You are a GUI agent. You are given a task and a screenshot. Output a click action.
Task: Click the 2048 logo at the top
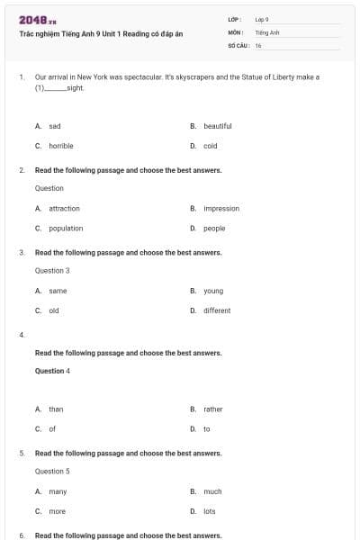pyautogui.click(x=38, y=19)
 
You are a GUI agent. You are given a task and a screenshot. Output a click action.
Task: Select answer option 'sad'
pyautogui.click(x=54, y=126)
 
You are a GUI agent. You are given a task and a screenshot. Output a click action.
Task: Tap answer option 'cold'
pyautogui.click(x=210, y=145)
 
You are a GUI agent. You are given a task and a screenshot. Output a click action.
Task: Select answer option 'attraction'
pyautogui.click(x=64, y=208)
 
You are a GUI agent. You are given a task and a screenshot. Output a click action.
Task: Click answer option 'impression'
pyautogui.click(x=221, y=208)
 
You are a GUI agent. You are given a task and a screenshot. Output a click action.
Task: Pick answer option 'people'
pyautogui.click(x=214, y=228)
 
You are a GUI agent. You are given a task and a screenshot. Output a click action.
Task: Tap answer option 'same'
pyautogui.click(x=58, y=291)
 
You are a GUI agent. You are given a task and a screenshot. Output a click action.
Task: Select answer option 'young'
pyautogui.click(x=213, y=291)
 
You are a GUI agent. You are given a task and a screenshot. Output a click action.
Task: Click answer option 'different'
pyautogui.click(x=217, y=310)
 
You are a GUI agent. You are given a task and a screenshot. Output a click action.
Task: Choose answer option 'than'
pyautogui.click(x=56, y=409)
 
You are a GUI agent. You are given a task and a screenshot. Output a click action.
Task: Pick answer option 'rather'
pyautogui.click(x=213, y=409)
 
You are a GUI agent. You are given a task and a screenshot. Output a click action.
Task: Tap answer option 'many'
pyautogui.click(x=58, y=491)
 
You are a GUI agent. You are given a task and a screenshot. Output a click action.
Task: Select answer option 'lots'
pyautogui.click(x=210, y=511)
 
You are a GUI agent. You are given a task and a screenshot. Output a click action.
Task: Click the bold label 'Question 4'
pyautogui.click(x=52, y=371)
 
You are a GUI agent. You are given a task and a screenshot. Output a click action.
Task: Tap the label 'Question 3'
pyautogui.click(x=52, y=270)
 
